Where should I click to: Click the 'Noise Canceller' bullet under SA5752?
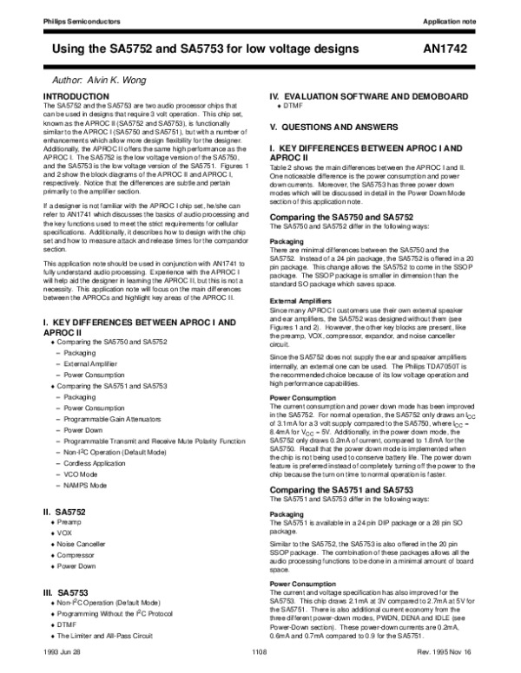coord(87,546)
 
